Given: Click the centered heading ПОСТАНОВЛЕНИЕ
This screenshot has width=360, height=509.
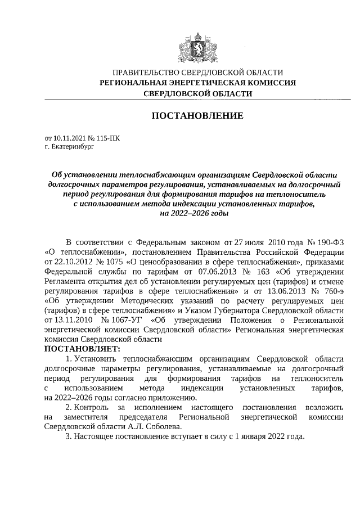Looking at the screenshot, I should [x=197, y=116].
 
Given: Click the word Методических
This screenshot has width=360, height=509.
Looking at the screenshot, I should [x=125, y=300].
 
